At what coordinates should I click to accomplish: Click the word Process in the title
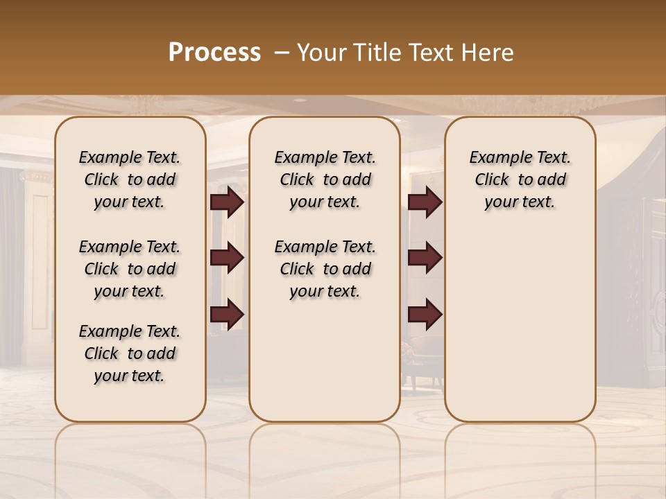(x=214, y=53)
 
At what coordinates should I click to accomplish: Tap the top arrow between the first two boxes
(x=227, y=202)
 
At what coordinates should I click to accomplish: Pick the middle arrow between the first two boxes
(x=227, y=258)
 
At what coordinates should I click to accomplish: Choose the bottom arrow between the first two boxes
(x=227, y=314)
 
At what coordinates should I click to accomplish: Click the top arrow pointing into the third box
(x=425, y=202)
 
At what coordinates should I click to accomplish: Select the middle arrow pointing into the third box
(x=425, y=258)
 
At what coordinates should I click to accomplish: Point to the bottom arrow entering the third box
(x=425, y=314)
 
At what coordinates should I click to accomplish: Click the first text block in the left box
(x=130, y=180)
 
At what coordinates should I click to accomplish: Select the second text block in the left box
(x=130, y=269)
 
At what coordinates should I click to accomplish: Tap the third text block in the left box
(x=130, y=353)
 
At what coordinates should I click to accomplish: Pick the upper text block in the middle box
(x=325, y=180)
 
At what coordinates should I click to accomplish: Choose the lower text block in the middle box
(x=325, y=269)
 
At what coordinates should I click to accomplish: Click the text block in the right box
(x=520, y=180)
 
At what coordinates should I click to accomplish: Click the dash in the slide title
(x=282, y=53)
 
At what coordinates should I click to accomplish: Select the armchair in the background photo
(x=416, y=353)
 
